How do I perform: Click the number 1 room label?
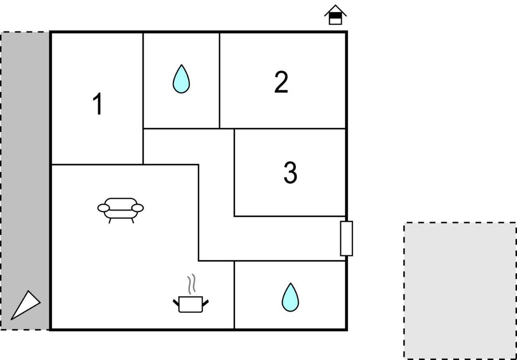tap(98, 103)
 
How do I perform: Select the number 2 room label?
tap(281, 82)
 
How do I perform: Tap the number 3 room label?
tap(290, 172)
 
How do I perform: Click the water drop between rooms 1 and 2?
tap(181, 79)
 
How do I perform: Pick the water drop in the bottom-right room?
tap(290, 297)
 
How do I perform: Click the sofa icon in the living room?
tap(120, 210)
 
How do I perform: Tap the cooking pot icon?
tap(191, 304)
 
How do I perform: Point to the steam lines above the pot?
tap(191, 284)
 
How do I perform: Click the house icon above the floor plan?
tap(335, 15)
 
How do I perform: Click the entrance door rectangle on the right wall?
tap(347, 239)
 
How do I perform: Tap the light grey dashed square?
tap(460, 291)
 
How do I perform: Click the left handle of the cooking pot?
tap(176, 303)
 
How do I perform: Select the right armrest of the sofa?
tap(138, 208)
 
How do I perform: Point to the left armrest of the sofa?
tap(103, 208)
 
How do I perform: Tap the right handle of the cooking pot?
tap(205, 303)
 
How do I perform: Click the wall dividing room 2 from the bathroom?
tap(219, 80)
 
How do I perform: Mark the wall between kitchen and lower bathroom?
tap(234, 295)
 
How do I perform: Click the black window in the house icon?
tap(335, 15)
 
